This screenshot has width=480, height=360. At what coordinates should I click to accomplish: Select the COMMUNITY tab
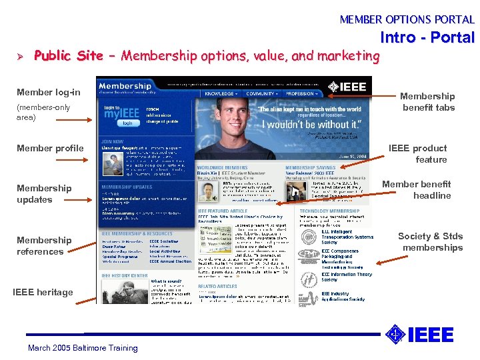[x=260, y=95]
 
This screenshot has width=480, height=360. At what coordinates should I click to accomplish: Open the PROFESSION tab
[x=300, y=95]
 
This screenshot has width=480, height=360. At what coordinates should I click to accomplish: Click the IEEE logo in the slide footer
[x=421, y=333]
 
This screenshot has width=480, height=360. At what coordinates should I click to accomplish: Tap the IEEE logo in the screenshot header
[x=347, y=86]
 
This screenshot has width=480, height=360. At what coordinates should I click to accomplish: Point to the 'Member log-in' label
[x=48, y=92]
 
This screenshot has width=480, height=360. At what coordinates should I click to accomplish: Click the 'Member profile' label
[x=50, y=148]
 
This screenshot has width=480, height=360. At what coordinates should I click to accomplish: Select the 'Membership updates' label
[x=44, y=193]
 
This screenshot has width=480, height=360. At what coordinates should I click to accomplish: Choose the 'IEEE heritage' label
[x=43, y=292]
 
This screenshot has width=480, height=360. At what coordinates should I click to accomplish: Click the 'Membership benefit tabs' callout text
[x=428, y=101]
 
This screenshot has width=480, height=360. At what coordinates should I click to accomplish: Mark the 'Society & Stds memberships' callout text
[x=430, y=241]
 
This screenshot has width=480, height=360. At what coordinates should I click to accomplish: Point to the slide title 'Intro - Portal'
[x=427, y=37]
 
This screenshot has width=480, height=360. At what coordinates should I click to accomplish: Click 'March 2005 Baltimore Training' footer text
[x=83, y=347]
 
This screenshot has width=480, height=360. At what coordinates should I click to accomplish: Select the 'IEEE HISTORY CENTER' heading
[x=125, y=275]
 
